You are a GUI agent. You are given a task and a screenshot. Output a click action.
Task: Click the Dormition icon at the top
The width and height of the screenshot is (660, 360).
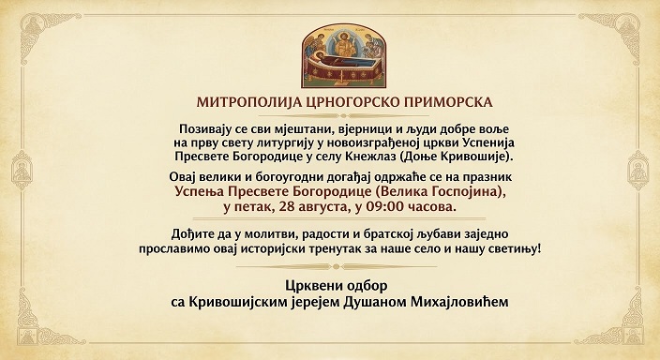click(x=343, y=55)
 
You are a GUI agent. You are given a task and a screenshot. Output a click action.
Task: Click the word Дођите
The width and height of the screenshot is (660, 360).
click(x=191, y=234)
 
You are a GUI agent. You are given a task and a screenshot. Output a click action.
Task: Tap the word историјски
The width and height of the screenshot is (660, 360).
click(x=269, y=248)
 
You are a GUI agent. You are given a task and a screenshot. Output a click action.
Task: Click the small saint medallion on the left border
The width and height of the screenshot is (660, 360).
click(x=22, y=171)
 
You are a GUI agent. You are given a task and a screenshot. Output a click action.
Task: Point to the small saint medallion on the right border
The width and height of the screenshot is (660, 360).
click(x=638, y=171)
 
